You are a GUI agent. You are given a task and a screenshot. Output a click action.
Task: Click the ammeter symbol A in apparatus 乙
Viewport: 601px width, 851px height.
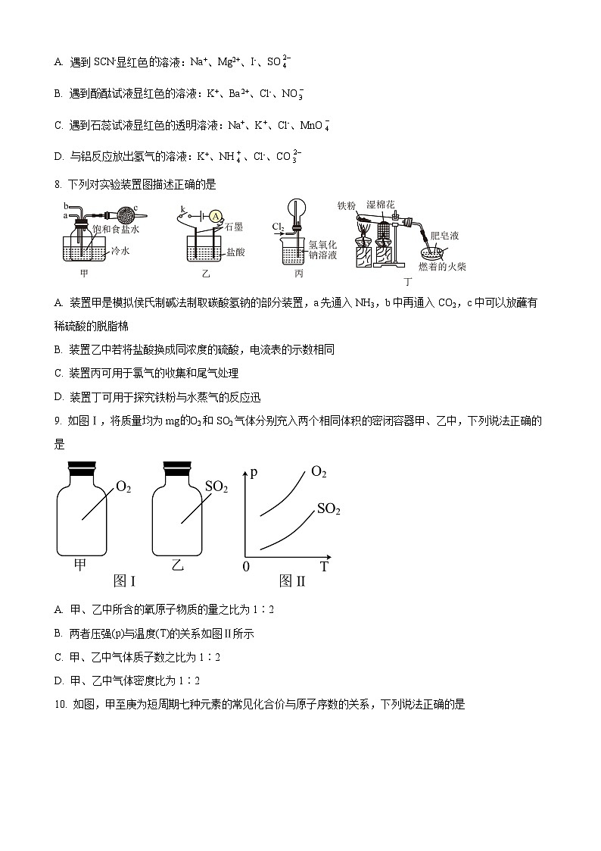coord(216,217)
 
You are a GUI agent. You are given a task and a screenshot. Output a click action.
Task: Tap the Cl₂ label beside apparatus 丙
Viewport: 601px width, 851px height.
coord(278,227)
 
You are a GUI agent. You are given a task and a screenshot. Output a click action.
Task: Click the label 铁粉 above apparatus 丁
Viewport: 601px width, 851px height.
coord(346,205)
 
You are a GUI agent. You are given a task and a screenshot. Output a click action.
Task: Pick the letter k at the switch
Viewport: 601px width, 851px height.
coord(182,208)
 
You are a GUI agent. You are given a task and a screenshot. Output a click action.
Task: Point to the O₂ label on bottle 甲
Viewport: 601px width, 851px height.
coord(123,487)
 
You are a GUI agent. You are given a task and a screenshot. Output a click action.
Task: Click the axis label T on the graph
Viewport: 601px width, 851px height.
coord(323,567)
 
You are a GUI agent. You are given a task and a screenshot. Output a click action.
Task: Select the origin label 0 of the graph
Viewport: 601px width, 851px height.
coord(245,567)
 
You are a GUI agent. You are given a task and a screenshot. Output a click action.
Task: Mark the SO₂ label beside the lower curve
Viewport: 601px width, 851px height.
coord(329,509)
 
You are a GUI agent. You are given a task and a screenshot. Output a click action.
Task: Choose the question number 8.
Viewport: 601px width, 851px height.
coord(58,183)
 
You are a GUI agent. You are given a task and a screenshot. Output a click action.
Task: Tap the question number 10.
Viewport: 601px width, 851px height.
coord(61,705)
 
